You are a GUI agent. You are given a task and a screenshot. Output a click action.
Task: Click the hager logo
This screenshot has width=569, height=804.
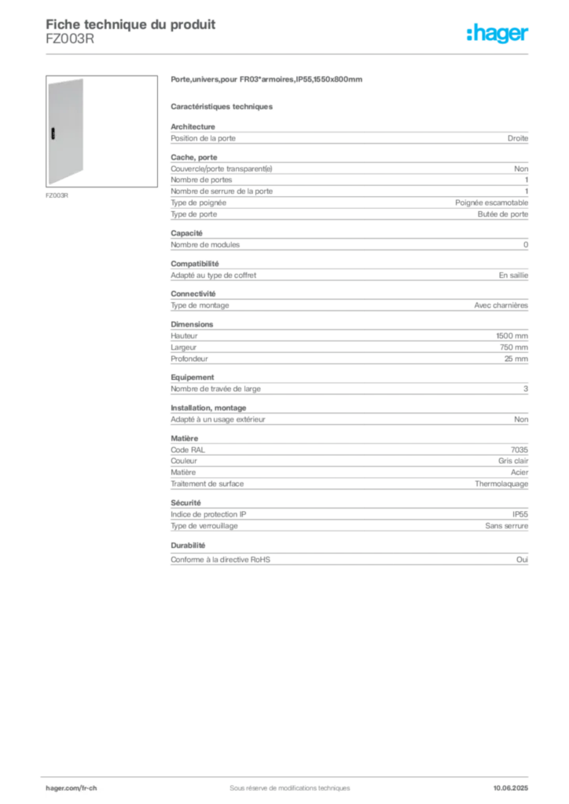coord(497,33)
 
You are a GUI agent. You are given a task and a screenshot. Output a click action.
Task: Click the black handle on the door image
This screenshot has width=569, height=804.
coord(53,133)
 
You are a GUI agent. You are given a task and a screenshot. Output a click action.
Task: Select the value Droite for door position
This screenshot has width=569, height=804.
coord(518,138)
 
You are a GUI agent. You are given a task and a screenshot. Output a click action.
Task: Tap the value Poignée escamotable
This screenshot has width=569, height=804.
coord(491,203)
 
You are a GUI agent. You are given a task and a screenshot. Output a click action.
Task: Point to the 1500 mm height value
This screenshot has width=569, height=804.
coord(512,336)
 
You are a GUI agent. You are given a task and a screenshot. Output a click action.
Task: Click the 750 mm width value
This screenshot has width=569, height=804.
coord(513,347)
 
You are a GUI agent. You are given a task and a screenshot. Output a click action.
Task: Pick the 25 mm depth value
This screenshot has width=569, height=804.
coord(516,359)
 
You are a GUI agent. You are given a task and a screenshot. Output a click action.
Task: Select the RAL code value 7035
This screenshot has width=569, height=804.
coord(519,450)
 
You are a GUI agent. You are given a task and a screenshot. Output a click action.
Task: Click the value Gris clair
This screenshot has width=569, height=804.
coord(513,461)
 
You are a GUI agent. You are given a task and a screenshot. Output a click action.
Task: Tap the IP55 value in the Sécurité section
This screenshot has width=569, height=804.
coord(520,514)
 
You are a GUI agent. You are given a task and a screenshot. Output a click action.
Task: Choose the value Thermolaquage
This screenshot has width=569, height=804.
coord(501,484)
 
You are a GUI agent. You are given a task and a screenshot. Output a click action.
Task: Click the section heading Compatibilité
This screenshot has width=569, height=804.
coord(194,264)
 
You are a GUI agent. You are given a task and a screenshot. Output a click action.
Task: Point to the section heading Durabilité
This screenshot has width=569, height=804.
coord(188,546)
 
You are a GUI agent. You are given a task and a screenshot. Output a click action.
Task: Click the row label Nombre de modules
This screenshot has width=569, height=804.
coord(205,245)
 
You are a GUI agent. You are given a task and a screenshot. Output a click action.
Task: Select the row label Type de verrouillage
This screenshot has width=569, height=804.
coord(204,526)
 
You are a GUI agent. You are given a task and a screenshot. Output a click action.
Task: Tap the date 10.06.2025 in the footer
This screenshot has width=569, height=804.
coord(511,788)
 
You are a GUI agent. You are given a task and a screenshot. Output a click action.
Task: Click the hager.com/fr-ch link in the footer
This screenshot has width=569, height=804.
coord(72,788)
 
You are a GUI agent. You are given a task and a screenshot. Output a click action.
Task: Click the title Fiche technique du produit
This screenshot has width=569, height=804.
coord(130,24)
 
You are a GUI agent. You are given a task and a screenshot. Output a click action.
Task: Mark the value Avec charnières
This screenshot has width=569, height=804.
coord(501,305)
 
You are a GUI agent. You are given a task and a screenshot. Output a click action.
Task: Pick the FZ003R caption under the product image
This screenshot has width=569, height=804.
coord(57,196)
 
